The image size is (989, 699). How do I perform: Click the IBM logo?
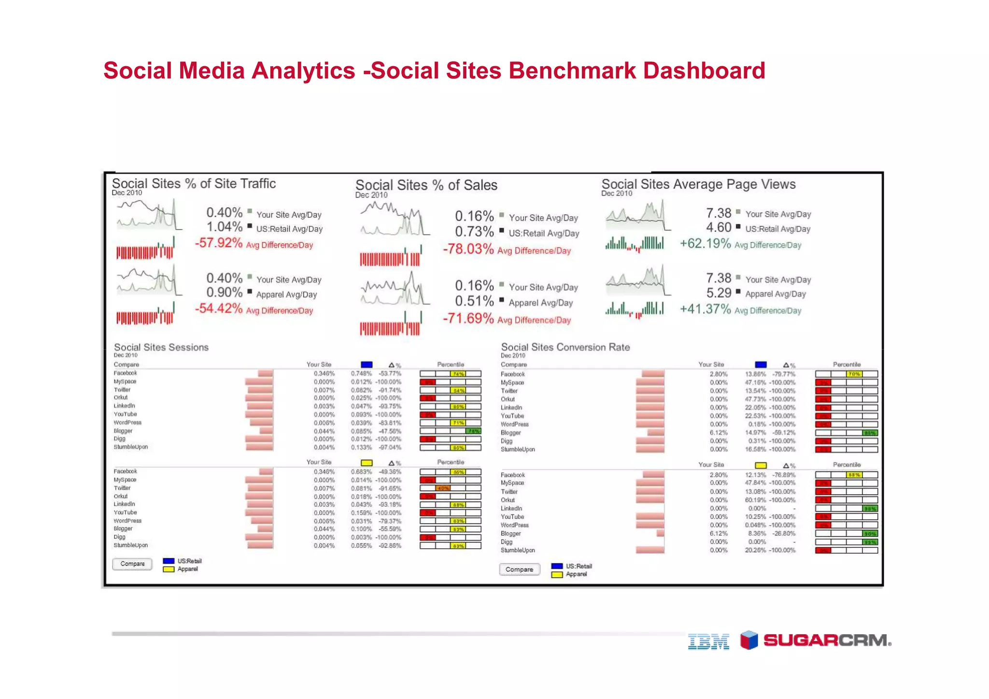708,641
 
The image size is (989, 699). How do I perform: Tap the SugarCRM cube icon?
749,640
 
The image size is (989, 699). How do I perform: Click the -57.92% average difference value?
218,243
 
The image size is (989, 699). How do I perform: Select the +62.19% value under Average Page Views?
705,243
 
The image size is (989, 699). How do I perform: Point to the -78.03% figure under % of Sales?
468,249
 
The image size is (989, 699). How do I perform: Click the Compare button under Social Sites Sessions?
132,564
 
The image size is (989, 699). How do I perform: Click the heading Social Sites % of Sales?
426,185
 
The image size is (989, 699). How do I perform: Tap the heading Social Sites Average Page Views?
698,184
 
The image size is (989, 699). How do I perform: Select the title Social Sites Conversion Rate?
565,347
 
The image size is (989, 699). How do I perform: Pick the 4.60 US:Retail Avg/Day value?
719,228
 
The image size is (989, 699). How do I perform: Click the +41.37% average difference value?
705,309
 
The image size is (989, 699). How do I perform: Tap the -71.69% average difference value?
468,319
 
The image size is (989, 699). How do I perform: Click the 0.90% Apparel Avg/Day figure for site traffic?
224,293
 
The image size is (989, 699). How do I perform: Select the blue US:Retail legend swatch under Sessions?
169,561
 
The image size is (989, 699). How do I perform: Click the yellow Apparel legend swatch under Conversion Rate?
557,574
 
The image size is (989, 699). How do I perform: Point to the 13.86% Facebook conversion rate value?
755,374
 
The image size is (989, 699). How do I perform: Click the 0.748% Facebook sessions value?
361,373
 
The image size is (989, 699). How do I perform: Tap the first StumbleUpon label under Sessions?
131,447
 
